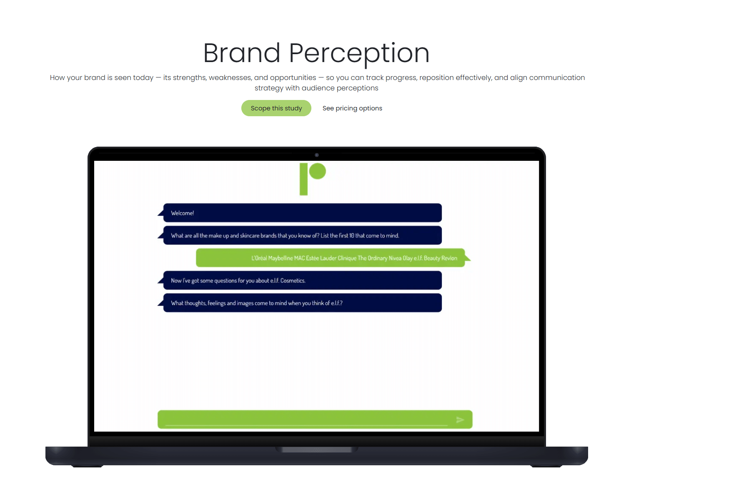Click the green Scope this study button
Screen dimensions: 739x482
tap(276, 108)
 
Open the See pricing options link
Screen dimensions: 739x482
tap(352, 108)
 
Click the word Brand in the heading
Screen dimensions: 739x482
tap(242, 53)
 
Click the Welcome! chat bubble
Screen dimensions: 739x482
tap(303, 213)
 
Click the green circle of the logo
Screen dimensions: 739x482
tap(318, 171)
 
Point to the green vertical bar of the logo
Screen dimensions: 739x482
tap(303, 179)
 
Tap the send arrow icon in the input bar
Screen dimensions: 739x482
tap(460, 420)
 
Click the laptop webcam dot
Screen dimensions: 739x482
tap(317, 155)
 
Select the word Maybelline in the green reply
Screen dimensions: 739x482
tap(281, 258)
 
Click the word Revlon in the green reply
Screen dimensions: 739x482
tap(449, 258)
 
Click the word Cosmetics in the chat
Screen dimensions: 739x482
tap(293, 281)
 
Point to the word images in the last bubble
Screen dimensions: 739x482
tap(245, 303)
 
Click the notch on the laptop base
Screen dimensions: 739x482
tap(317, 450)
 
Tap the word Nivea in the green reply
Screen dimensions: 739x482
tap(395, 258)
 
